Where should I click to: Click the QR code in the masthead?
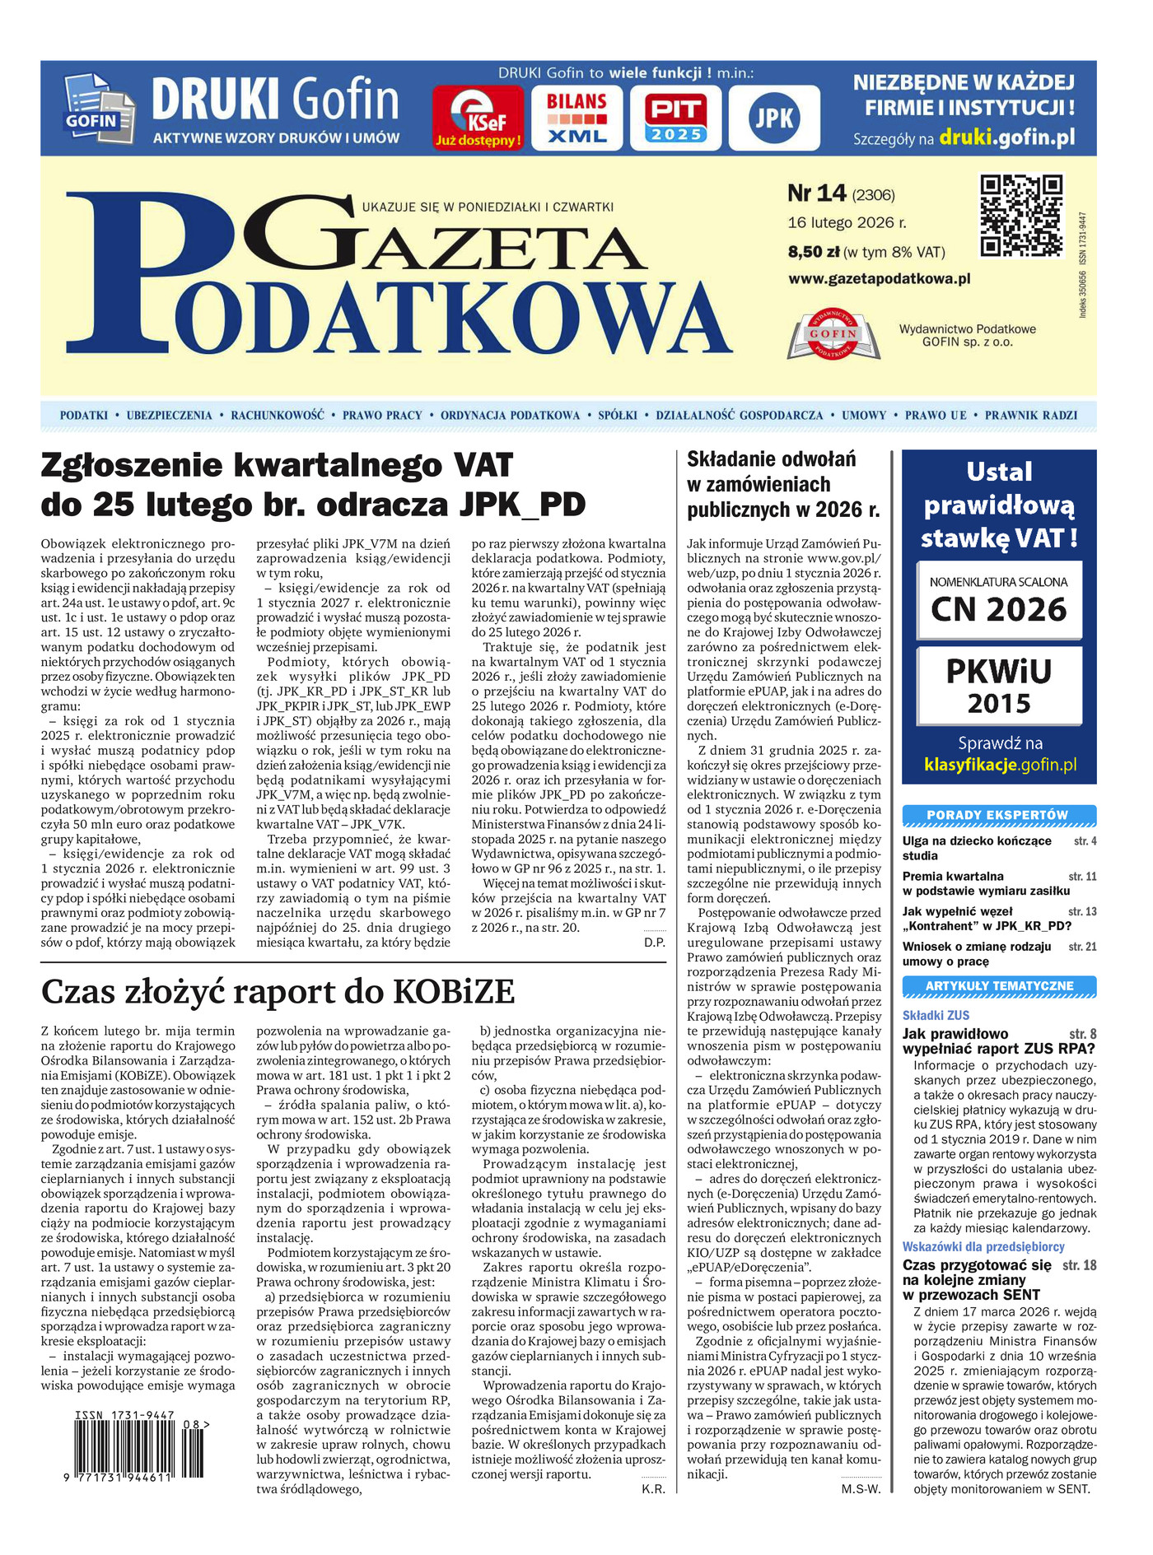(x=1021, y=216)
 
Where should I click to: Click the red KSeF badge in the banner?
(x=478, y=119)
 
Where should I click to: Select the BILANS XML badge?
(x=576, y=119)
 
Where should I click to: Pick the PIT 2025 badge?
(x=675, y=119)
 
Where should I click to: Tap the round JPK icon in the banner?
(x=774, y=119)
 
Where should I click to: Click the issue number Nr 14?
(x=816, y=193)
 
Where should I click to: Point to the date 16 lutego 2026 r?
(x=847, y=222)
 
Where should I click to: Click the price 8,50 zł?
(x=814, y=252)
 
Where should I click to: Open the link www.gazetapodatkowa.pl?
(x=880, y=279)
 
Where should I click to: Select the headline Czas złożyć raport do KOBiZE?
(x=278, y=991)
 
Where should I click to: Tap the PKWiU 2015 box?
(x=999, y=685)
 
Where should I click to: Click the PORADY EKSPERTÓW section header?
(x=998, y=815)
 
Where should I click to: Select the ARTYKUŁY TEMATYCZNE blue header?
(x=998, y=985)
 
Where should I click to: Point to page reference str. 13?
(x=1082, y=912)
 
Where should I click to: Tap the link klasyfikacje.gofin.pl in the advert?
(x=1000, y=765)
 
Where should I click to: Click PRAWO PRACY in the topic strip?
(x=382, y=416)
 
